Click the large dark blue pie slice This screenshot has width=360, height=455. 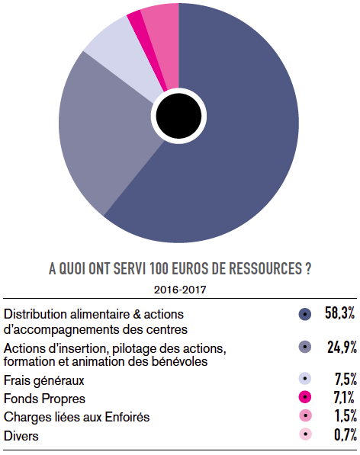[233, 151]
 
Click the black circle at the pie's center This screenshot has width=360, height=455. [178, 116]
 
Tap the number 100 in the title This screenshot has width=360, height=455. [159, 269]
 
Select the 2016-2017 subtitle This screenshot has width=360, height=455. [180, 290]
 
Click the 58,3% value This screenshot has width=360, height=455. [339, 313]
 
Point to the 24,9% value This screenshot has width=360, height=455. [342, 347]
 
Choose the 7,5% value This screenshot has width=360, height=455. [346, 379]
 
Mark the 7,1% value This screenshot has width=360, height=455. [344, 397]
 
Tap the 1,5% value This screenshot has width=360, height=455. [346, 415]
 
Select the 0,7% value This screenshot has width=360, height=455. [346, 434]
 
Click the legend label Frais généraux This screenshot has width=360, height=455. [43, 381]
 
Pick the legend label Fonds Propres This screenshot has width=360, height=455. [44, 399]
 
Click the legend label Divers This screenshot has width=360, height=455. [21, 436]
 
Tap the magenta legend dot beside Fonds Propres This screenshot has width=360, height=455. [305, 397]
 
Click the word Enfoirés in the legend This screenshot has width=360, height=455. [127, 417]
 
